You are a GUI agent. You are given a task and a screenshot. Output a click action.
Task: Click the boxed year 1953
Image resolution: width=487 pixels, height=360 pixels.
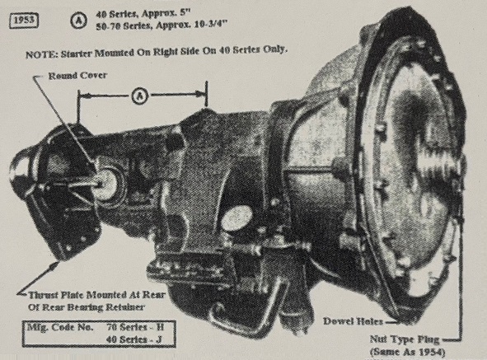24,21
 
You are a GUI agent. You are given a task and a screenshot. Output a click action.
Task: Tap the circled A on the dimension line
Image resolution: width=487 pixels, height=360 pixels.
140,96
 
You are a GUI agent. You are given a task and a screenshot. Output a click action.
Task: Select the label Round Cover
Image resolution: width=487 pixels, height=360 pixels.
77,76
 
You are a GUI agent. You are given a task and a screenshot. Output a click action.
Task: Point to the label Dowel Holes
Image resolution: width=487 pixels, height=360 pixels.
353,321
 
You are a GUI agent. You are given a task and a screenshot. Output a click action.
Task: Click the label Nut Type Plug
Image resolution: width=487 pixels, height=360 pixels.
405,339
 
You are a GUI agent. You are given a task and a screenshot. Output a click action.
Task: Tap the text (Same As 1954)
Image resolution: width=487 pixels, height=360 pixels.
407,353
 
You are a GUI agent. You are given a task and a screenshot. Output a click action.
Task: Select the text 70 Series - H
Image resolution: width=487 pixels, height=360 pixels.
135,327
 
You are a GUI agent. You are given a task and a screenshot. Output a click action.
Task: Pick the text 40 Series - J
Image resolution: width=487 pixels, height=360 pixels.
133,339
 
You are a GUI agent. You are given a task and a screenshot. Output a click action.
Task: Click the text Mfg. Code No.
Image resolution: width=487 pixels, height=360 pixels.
60,327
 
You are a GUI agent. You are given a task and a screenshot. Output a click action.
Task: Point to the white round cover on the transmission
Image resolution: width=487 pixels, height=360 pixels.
105,183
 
